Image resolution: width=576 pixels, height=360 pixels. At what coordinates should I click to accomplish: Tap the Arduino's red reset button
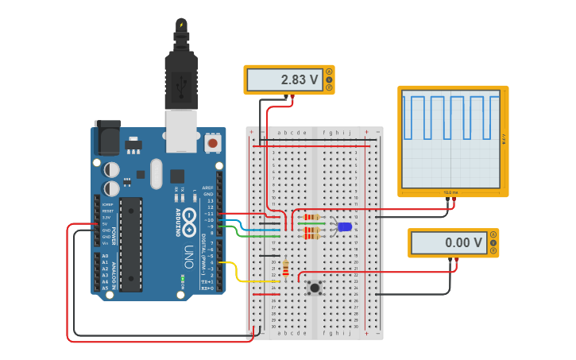tap(213, 143)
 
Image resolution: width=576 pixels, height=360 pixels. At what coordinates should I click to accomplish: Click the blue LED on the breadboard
tap(344, 226)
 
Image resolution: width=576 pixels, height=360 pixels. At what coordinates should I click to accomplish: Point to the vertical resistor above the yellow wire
tap(285, 268)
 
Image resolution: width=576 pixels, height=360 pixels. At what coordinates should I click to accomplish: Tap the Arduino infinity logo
tap(189, 223)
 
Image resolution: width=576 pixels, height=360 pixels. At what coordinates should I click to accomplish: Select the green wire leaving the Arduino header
tap(238, 232)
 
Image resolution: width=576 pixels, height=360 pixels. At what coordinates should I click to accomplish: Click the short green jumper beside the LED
tap(311, 224)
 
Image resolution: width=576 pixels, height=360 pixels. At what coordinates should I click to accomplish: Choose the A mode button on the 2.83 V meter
tap(329, 72)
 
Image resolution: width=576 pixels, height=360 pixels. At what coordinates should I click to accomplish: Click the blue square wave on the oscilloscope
tap(450, 117)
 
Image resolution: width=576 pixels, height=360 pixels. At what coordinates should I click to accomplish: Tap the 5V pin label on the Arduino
tap(106, 223)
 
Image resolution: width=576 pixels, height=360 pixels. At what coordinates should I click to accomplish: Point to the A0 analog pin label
tap(105, 256)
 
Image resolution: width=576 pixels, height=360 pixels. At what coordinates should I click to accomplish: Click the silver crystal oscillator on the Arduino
tap(156, 173)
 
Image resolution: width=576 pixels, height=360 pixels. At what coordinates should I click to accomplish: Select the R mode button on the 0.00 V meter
tap(493, 251)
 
